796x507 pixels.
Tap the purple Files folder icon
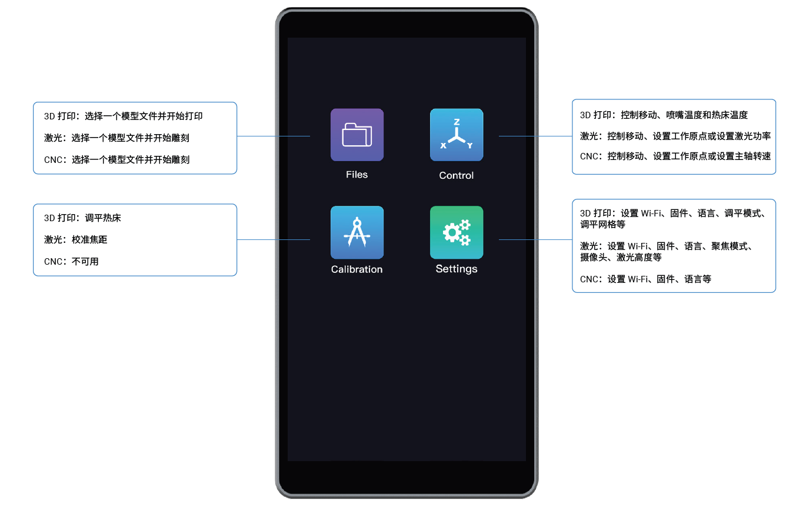357,135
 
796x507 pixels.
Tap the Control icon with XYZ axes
457,135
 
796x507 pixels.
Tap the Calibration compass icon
357,232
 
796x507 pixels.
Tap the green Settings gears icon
457,232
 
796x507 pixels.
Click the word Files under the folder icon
357,175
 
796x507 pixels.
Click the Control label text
457,175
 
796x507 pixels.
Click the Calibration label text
357,269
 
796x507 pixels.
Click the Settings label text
457,269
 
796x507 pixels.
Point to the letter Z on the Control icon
457,122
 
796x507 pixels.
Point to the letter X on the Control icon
443,145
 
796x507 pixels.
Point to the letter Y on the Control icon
470,145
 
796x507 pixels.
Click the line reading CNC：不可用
71,262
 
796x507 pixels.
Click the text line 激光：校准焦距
75,239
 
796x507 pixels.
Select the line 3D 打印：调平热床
82,218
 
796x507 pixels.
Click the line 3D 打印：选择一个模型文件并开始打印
124,116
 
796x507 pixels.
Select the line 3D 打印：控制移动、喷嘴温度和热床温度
664,115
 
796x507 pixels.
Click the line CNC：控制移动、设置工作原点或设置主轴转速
675,156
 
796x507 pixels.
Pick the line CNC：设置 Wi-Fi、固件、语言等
645,279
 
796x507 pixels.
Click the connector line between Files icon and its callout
273,136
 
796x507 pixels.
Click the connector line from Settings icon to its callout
535,240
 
